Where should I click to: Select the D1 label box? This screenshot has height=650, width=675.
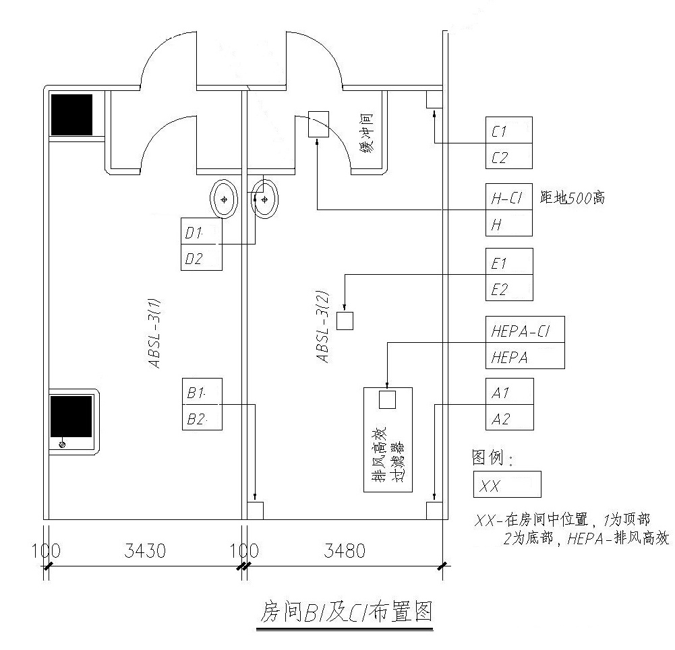(202, 232)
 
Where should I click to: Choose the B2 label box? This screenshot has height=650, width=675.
(202, 418)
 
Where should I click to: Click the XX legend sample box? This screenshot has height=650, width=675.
(508, 485)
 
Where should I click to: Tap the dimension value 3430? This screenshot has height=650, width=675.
(145, 552)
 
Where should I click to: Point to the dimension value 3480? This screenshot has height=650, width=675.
(345, 552)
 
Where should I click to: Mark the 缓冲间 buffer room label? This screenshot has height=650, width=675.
(368, 134)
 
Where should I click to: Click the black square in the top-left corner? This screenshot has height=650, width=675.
(71, 115)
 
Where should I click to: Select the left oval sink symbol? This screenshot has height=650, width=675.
(224, 199)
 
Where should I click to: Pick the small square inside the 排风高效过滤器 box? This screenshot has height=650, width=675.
(387, 399)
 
